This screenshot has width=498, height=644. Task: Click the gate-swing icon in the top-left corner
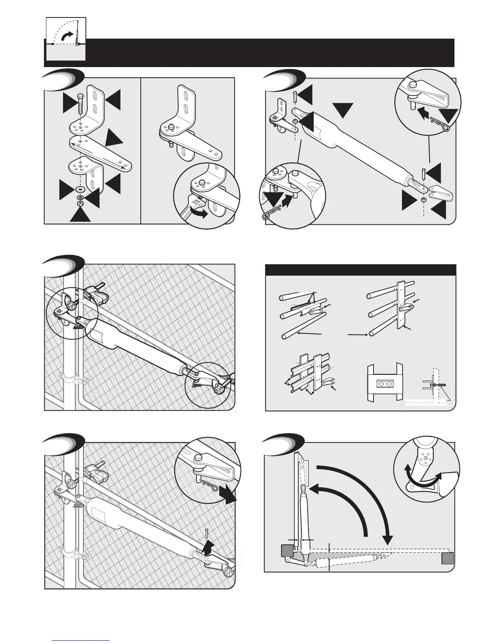[66, 39]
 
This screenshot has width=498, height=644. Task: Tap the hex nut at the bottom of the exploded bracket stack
[81, 202]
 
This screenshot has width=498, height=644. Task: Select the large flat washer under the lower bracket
[80, 189]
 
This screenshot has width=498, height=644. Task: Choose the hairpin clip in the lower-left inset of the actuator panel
[269, 215]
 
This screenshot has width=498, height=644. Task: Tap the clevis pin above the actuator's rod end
[424, 175]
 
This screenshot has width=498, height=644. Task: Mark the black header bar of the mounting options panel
[360, 270]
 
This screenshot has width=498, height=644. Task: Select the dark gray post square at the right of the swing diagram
[447, 558]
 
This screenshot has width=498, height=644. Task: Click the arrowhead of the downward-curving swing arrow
[388, 540]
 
